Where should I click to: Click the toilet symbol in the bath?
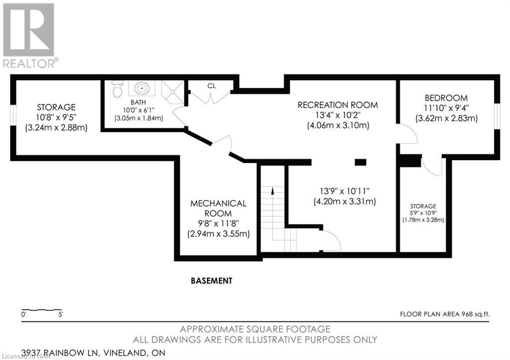[118, 89]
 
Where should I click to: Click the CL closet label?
[212, 86]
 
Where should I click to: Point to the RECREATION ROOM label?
[338, 105]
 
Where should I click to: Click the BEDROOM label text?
[446, 98]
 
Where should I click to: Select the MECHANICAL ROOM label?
[218, 208]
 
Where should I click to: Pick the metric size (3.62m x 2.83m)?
[447, 119]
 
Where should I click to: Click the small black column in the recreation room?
[360, 162]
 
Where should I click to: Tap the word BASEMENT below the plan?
[212, 281]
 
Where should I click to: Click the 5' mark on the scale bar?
[60, 315]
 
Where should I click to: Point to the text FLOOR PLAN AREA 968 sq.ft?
[445, 314]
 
